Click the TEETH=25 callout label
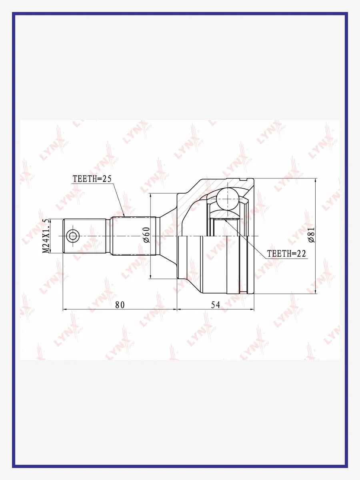92,179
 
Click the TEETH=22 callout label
286,254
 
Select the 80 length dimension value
120,305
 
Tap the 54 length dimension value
216,305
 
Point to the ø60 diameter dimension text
146,235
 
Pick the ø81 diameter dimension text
311,235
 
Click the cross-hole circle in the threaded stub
72,236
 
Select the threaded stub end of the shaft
85,236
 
